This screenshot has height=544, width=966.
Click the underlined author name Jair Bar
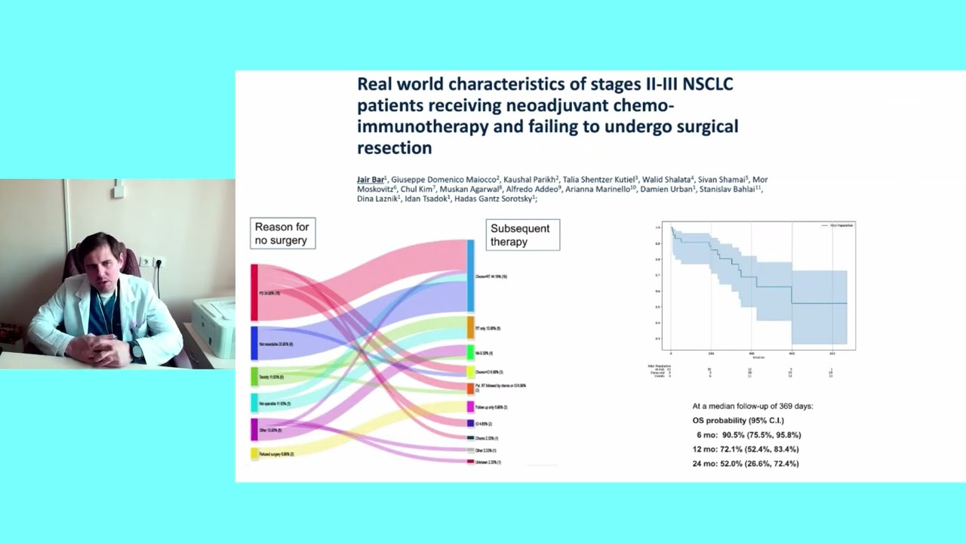[x=370, y=180]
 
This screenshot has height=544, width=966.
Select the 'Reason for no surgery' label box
[x=282, y=233]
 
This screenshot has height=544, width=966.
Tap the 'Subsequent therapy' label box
[x=522, y=235]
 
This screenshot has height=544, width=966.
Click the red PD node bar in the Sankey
[x=254, y=292]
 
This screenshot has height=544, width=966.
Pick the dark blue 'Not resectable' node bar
[x=254, y=343]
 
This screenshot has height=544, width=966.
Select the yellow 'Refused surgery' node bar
[x=254, y=453]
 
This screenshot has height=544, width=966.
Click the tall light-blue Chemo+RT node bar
[x=471, y=276]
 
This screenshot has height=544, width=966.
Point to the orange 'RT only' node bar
[x=471, y=328]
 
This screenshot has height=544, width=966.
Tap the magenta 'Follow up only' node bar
[x=471, y=406]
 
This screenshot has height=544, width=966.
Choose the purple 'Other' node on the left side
[x=254, y=429]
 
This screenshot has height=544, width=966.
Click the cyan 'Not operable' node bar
[x=254, y=403]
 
